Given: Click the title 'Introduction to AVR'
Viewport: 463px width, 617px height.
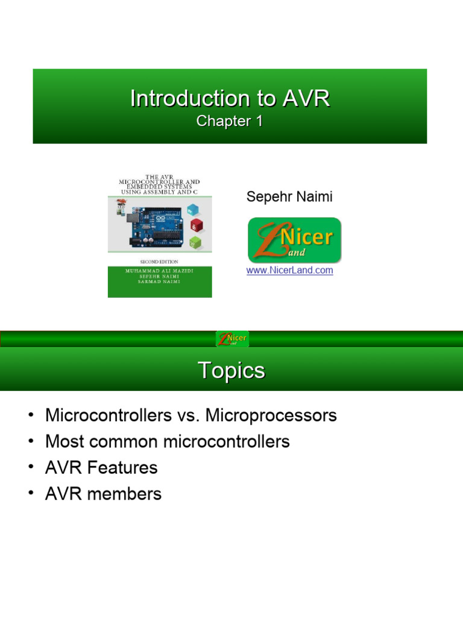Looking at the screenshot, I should (x=230, y=99).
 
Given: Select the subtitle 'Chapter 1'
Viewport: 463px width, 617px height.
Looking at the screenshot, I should (x=230, y=121).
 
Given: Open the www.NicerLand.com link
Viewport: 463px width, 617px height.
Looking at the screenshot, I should (x=289, y=271).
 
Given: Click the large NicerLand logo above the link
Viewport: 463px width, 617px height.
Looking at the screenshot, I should (x=294, y=240).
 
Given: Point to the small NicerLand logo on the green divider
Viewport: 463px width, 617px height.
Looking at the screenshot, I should (x=232, y=339).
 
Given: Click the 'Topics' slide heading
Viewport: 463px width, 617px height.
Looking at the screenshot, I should (x=231, y=371).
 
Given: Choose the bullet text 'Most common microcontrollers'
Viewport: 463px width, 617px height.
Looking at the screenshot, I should (x=168, y=442).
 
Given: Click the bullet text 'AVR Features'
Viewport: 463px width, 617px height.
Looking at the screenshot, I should (x=101, y=468).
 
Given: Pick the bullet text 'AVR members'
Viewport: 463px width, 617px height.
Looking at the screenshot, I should (x=103, y=494).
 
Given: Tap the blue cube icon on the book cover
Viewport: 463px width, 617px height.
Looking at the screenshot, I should (x=193, y=210).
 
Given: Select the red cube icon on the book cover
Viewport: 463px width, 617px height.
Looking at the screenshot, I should (x=197, y=226).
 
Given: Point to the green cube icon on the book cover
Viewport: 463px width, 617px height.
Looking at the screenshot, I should (x=195, y=243).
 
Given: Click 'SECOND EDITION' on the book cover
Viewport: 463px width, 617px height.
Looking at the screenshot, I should (x=159, y=262).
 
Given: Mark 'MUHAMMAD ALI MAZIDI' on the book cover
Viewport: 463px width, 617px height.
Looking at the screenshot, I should (x=159, y=271).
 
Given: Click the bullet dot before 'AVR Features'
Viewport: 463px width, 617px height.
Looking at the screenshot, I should (x=30, y=468).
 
